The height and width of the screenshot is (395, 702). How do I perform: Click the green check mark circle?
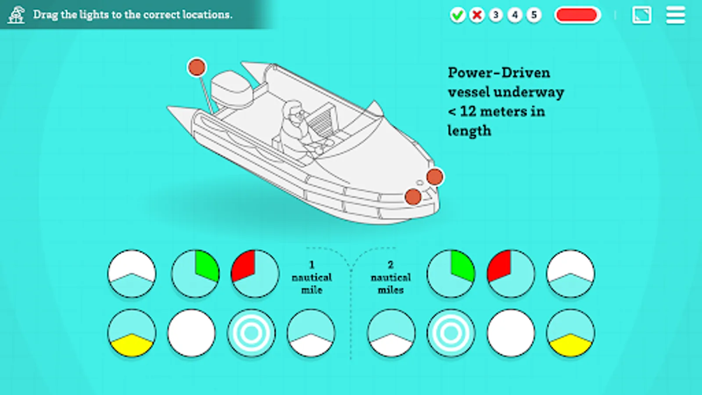(458, 15)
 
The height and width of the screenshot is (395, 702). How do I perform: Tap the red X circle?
(476, 15)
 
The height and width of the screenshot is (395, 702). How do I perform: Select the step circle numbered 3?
(496, 15)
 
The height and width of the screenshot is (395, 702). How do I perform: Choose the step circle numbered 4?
(515, 15)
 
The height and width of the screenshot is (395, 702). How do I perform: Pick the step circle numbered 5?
(534, 15)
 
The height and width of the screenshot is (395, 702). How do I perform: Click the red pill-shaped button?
(577, 15)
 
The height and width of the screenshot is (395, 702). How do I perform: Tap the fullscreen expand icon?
(641, 15)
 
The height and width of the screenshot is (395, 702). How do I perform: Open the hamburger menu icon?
(676, 15)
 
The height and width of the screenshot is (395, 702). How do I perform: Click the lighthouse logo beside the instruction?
(16, 15)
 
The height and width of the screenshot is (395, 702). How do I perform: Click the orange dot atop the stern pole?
(197, 67)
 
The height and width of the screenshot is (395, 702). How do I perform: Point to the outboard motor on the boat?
(232, 89)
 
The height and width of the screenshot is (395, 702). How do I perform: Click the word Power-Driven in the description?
(499, 73)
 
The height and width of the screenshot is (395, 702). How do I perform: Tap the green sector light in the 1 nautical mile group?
(195, 274)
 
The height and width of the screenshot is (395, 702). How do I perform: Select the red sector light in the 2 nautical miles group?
(511, 274)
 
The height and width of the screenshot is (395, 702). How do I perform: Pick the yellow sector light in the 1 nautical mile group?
(132, 333)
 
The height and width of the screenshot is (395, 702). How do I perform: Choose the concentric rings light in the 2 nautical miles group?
(451, 333)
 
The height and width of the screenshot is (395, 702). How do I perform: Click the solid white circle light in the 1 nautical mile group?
(191, 333)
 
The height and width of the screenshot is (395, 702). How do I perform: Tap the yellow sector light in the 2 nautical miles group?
(570, 333)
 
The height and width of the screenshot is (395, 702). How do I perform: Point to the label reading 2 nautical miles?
(390, 277)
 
